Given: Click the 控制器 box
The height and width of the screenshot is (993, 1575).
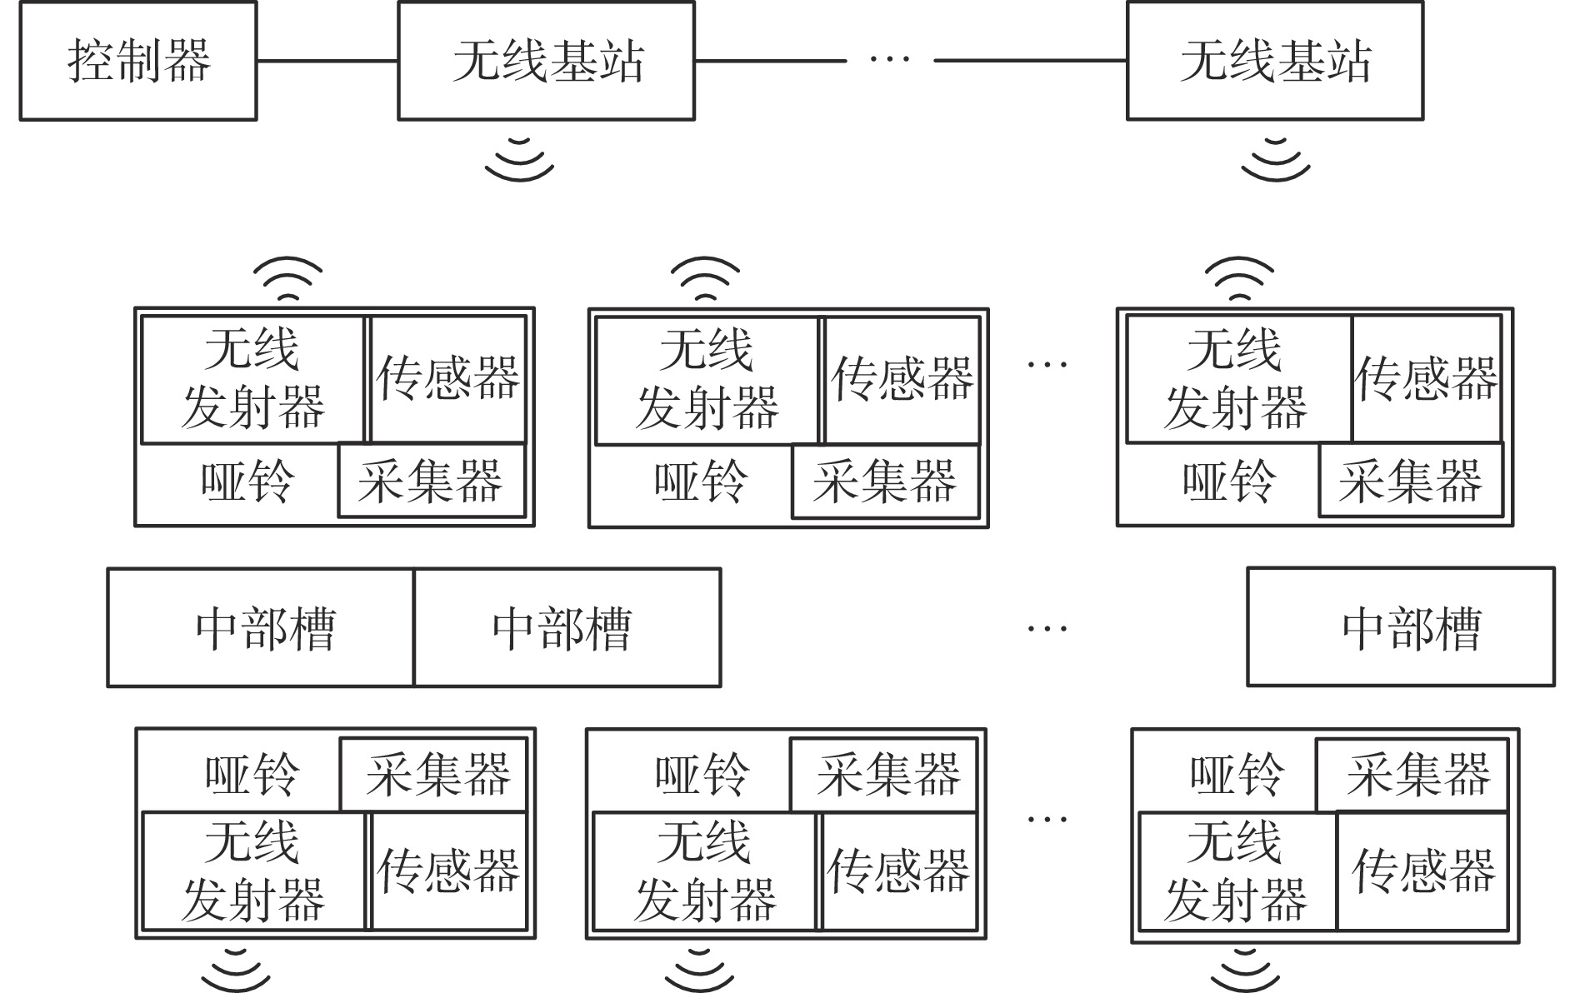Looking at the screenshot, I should click(x=137, y=61).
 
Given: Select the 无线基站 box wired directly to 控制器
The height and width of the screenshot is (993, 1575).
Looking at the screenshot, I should click(x=546, y=61).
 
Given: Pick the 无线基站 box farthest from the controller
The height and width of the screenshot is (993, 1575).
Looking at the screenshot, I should click(x=1275, y=61).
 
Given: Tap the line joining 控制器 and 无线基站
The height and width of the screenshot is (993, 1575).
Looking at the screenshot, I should click(x=327, y=61).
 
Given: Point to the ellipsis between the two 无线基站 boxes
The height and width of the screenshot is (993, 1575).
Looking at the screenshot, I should click(x=889, y=59).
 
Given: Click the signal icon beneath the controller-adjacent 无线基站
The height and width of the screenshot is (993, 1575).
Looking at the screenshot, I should click(x=519, y=158).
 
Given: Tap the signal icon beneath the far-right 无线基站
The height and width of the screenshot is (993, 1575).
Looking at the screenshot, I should click(x=1275, y=158).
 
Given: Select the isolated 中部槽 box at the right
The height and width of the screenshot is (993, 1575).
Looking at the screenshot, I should click(x=1400, y=627).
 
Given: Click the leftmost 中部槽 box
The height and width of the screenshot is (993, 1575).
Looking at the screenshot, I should click(x=261, y=627).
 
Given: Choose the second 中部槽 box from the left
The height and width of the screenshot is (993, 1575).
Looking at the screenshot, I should click(x=567, y=627).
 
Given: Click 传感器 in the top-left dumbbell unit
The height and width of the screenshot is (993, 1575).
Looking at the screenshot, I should click(x=448, y=379).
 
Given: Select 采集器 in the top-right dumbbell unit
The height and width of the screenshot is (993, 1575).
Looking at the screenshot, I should click(x=1410, y=481).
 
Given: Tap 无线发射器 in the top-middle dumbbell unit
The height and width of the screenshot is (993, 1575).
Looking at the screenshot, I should click(x=707, y=379).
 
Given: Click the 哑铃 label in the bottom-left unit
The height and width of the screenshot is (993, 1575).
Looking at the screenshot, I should click(x=251, y=773).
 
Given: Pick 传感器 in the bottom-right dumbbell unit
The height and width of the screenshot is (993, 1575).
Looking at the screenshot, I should click(x=1422, y=871).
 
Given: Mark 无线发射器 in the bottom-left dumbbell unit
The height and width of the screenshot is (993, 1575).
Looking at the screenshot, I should click(x=253, y=871).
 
